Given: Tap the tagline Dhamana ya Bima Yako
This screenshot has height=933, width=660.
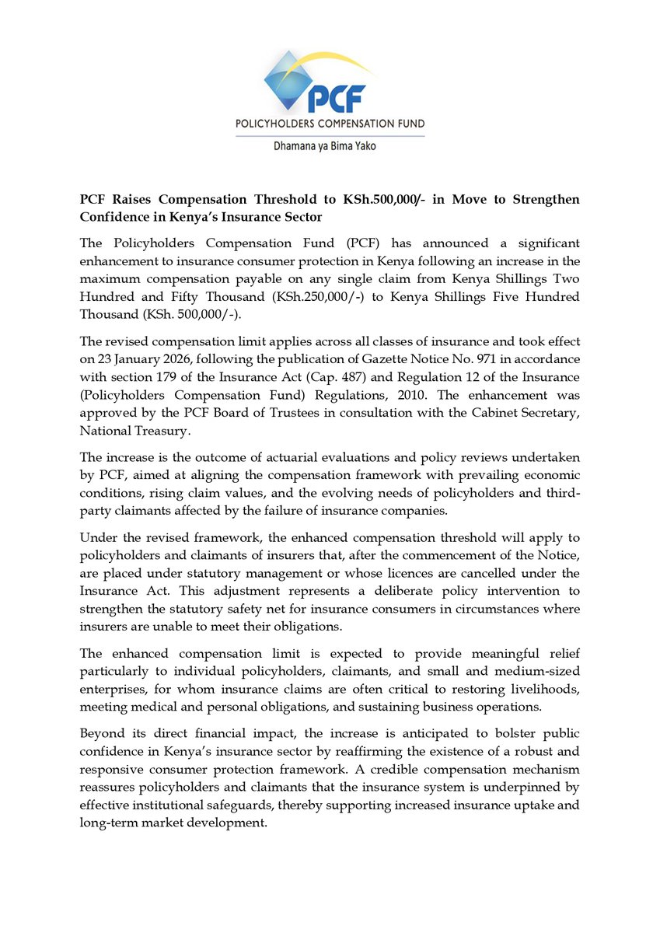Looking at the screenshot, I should [330, 145].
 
